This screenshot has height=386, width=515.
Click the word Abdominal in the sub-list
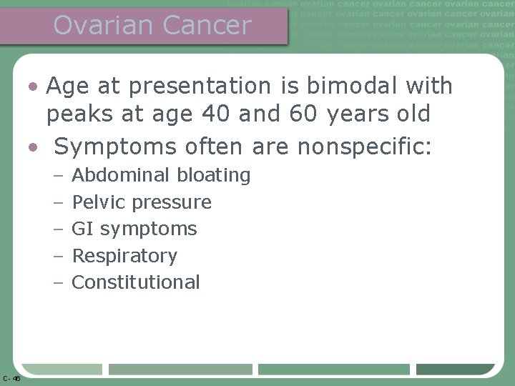tap(121, 175)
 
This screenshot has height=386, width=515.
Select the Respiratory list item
tap(124, 256)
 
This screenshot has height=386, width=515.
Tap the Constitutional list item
tap(136, 282)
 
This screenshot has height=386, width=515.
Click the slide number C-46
tap(11, 378)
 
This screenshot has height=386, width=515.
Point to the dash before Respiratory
tap(59, 256)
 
